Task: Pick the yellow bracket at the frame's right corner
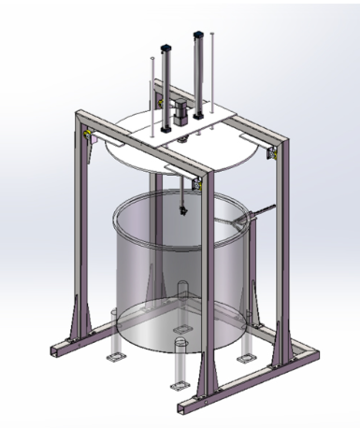(272, 152)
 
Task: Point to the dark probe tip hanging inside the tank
(182, 210)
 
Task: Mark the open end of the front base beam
(180, 407)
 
